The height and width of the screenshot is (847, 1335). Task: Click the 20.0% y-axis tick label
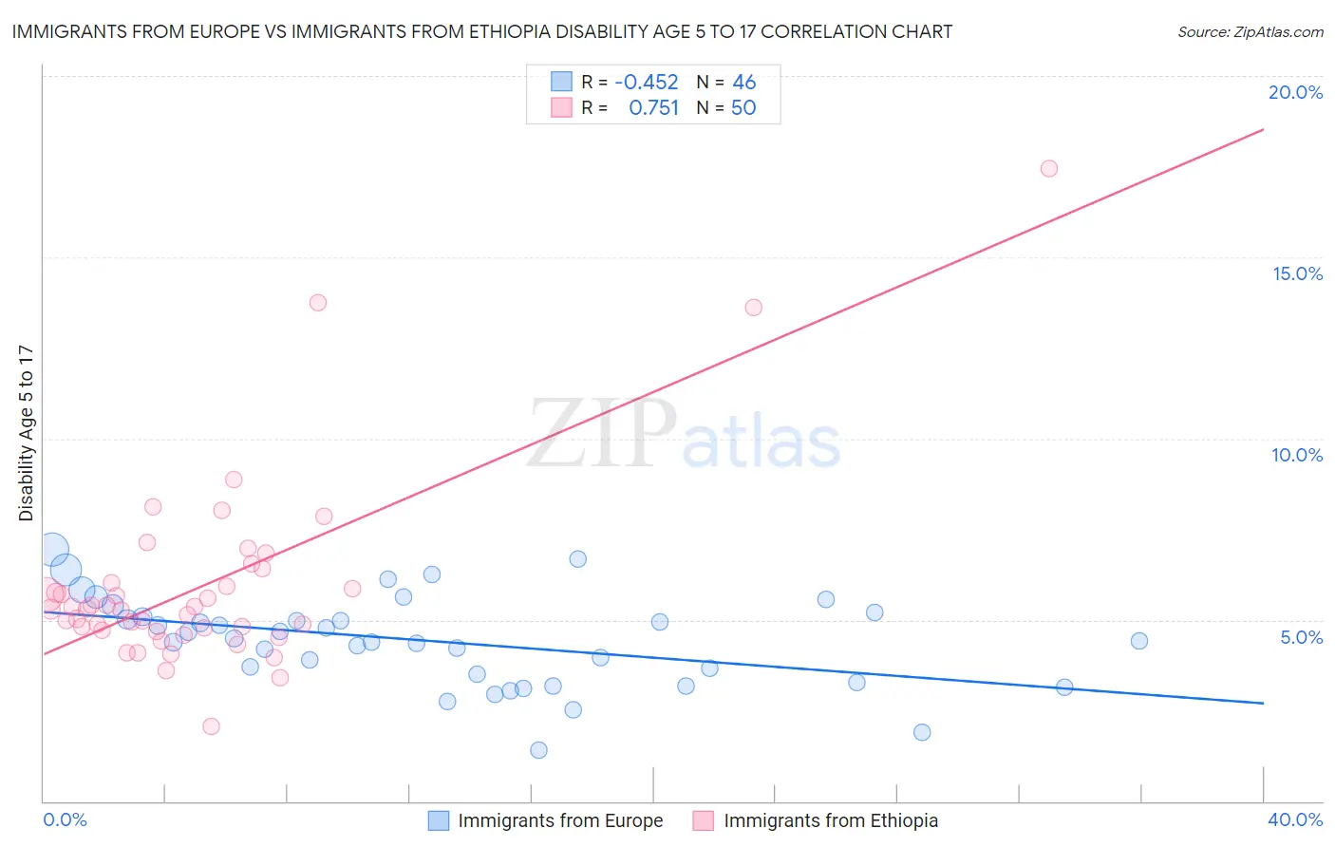pyautogui.click(x=1295, y=92)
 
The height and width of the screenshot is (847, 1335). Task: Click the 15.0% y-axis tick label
pyautogui.click(x=1297, y=273)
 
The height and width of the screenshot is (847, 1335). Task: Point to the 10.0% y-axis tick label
pyautogui.click(x=1297, y=455)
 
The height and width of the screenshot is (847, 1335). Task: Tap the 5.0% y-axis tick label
pyautogui.click(x=1301, y=637)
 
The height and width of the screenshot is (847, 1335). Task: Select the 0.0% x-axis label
pyautogui.click(x=65, y=819)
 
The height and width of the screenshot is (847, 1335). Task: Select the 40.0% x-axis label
pyautogui.click(x=1294, y=819)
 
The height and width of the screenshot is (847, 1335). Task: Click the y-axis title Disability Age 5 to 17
pyautogui.click(x=26, y=433)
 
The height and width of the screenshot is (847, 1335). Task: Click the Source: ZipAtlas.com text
pyautogui.click(x=1250, y=31)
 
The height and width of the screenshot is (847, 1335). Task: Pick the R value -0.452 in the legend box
pyautogui.click(x=646, y=83)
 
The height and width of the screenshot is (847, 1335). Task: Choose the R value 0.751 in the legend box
pyautogui.click(x=653, y=108)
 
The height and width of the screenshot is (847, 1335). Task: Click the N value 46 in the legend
pyautogui.click(x=743, y=83)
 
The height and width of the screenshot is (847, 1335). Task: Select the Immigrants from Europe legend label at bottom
pyautogui.click(x=560, y=820)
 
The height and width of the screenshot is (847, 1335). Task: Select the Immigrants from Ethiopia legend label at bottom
pyautogui.click(x=830, y=820)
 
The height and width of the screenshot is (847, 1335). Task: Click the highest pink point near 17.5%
pyautogui.click(x=1048, y=168)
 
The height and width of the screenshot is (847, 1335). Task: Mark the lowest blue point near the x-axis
pyautogui.click(x=538, y=750)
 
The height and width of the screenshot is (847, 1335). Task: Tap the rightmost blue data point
pyautogui.click(x=1139, y=641)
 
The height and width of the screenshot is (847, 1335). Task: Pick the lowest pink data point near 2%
pyautogui.click(x=211, y=726)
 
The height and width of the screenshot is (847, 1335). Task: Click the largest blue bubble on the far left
pyautogui.click(x=53, y=549)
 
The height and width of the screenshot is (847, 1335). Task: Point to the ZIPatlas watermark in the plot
pyautogui.click(x=684, y=436)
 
